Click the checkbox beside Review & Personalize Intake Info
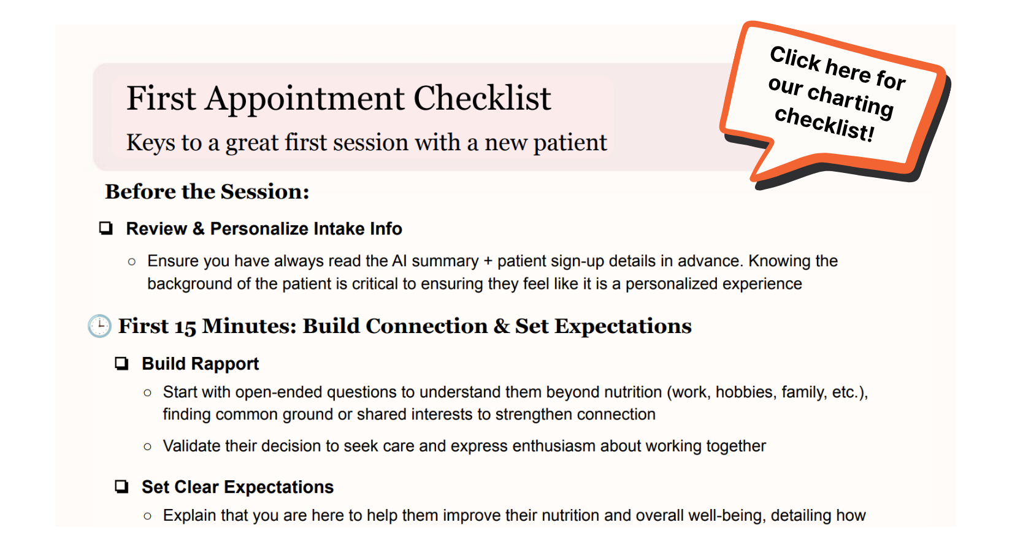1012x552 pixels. (x=106, y=228)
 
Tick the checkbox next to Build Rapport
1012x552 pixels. (x=122, y=364)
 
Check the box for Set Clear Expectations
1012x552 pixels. (x=122, y=487)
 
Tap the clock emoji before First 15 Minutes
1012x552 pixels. (x=99, y=326)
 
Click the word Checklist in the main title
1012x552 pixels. (x=483, y=98)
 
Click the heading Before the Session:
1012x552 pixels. (x=207, y=191)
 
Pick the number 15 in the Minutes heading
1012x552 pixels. (x=185, y=326)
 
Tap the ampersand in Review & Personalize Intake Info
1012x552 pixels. (x=198, y=229)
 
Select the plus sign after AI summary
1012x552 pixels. (x=488, y=261)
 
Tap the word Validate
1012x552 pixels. (x=191, y=447)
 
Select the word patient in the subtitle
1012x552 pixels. (x=570, y=144)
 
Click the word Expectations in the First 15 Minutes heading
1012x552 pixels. (x=623, y=327)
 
